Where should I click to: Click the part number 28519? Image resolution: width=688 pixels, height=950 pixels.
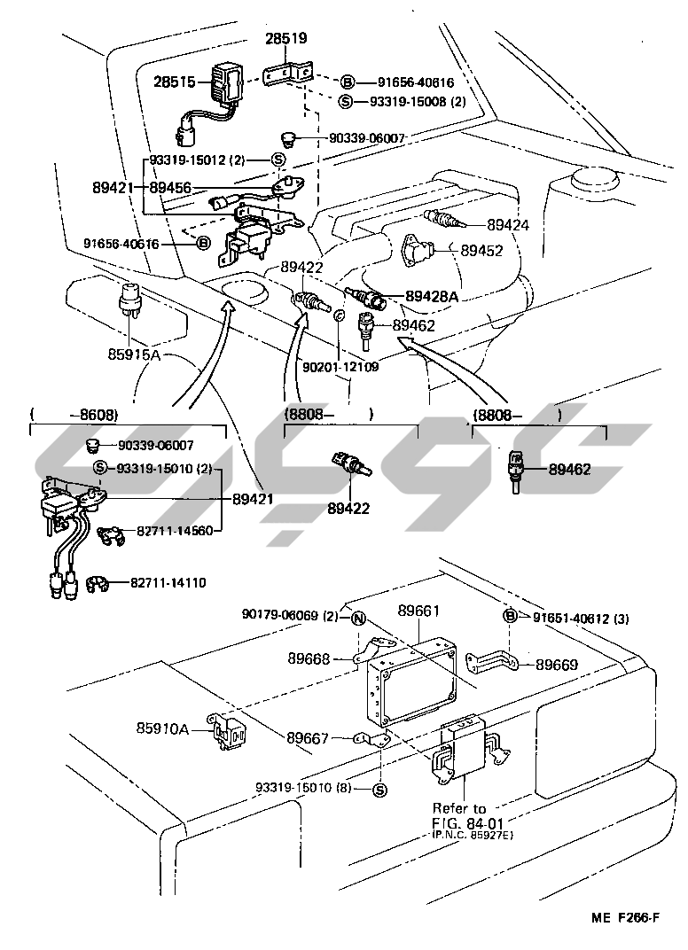285,38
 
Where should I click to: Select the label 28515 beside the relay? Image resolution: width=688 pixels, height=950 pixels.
176,82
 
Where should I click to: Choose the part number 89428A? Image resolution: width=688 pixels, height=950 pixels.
432,296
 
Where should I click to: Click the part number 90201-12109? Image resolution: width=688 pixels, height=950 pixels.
340,367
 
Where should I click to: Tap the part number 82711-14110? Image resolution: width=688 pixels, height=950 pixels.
168,582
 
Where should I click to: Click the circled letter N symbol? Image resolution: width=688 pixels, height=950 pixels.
358,619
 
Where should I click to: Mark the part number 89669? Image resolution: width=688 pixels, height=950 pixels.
557,664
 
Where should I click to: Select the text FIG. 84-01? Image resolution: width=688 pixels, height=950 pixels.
459,822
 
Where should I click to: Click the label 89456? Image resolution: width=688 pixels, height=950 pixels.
172,188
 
